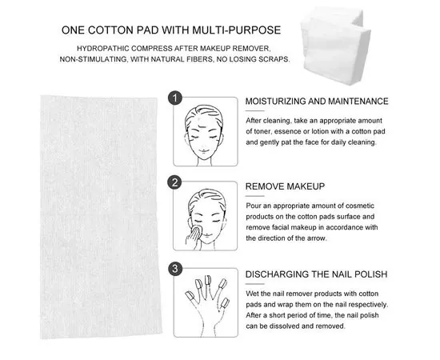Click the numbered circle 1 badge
coord(174,98)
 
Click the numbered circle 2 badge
coord(174,183)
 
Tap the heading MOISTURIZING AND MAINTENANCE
coord(316,102)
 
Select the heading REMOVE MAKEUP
coord(285,186)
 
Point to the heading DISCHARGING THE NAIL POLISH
coord(316,274)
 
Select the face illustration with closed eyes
coord(205,128)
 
